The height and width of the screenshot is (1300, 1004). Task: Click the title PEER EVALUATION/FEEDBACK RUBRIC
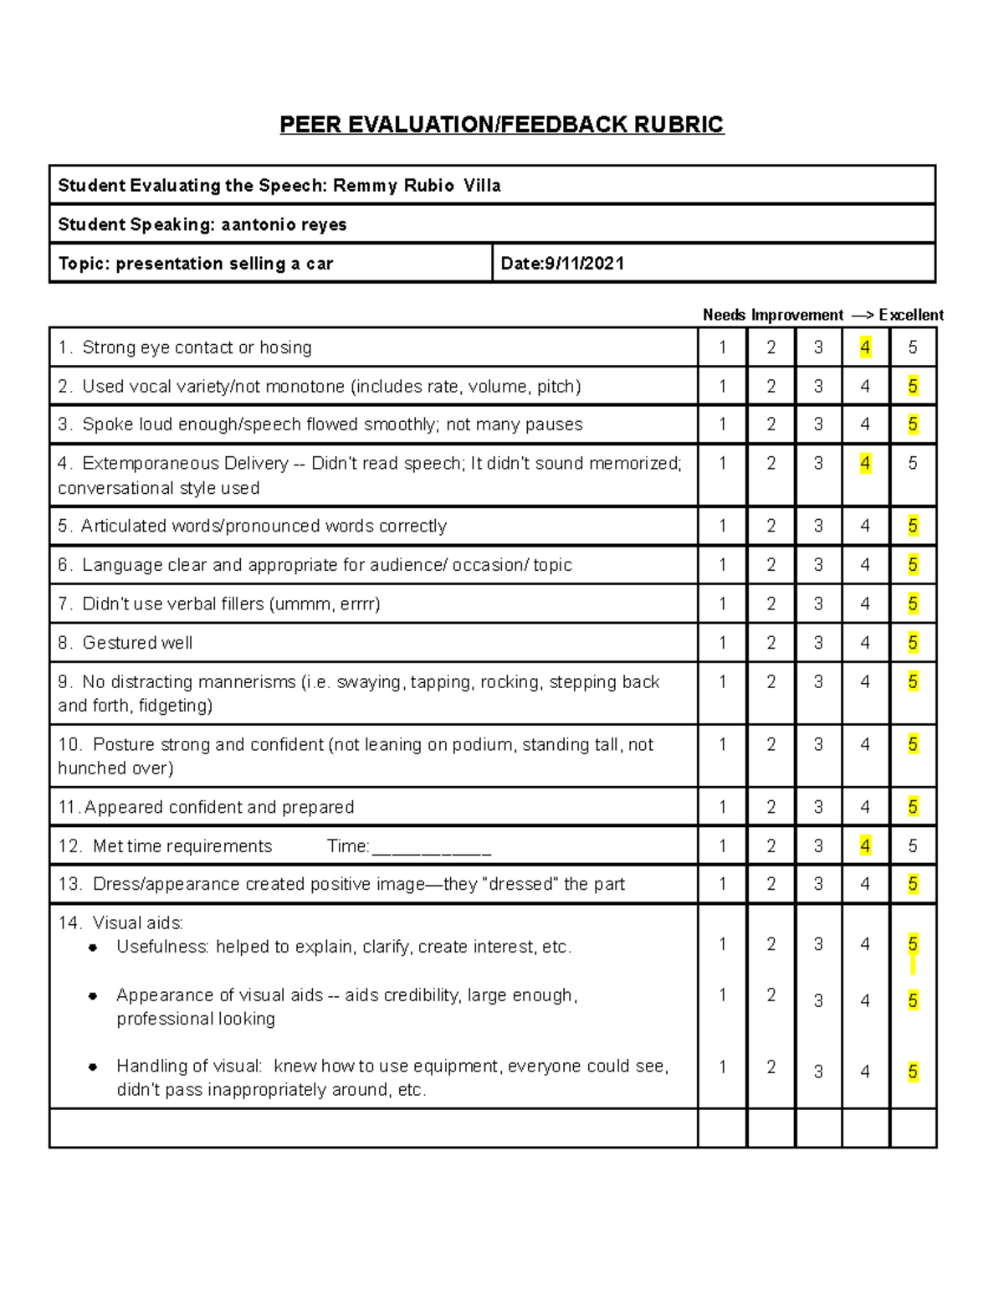click(501, 125)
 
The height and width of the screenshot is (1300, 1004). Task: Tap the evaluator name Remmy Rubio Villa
click(417, 186)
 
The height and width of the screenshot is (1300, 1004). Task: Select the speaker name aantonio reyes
click(284, 224)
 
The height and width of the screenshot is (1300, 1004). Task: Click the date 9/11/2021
click(584, 264)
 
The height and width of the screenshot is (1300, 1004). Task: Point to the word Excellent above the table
click(911, 315)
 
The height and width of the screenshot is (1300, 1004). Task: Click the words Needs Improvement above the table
click(773, 315)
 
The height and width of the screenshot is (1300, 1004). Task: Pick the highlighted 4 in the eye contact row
click(865, 347)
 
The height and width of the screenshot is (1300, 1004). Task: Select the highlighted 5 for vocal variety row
click(913, 386)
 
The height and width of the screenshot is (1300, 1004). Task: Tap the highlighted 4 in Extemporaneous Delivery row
click(865, 463)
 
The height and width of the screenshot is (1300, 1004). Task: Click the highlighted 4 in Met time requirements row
click(865, 846)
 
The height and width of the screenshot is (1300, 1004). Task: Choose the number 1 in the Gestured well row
click(723, 643)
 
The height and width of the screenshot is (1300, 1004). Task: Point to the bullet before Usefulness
click(93, 948)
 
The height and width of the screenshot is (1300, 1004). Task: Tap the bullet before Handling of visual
click(93, 1066)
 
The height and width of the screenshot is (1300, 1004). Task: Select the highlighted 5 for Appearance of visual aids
click(913, 1000)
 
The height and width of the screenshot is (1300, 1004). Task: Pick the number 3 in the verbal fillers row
click(818, 604)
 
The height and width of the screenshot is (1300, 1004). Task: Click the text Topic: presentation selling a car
click(196, 264)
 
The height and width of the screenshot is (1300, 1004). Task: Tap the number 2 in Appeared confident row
click(771, 807)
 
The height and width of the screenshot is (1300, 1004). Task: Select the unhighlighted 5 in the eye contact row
click(913, 347)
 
